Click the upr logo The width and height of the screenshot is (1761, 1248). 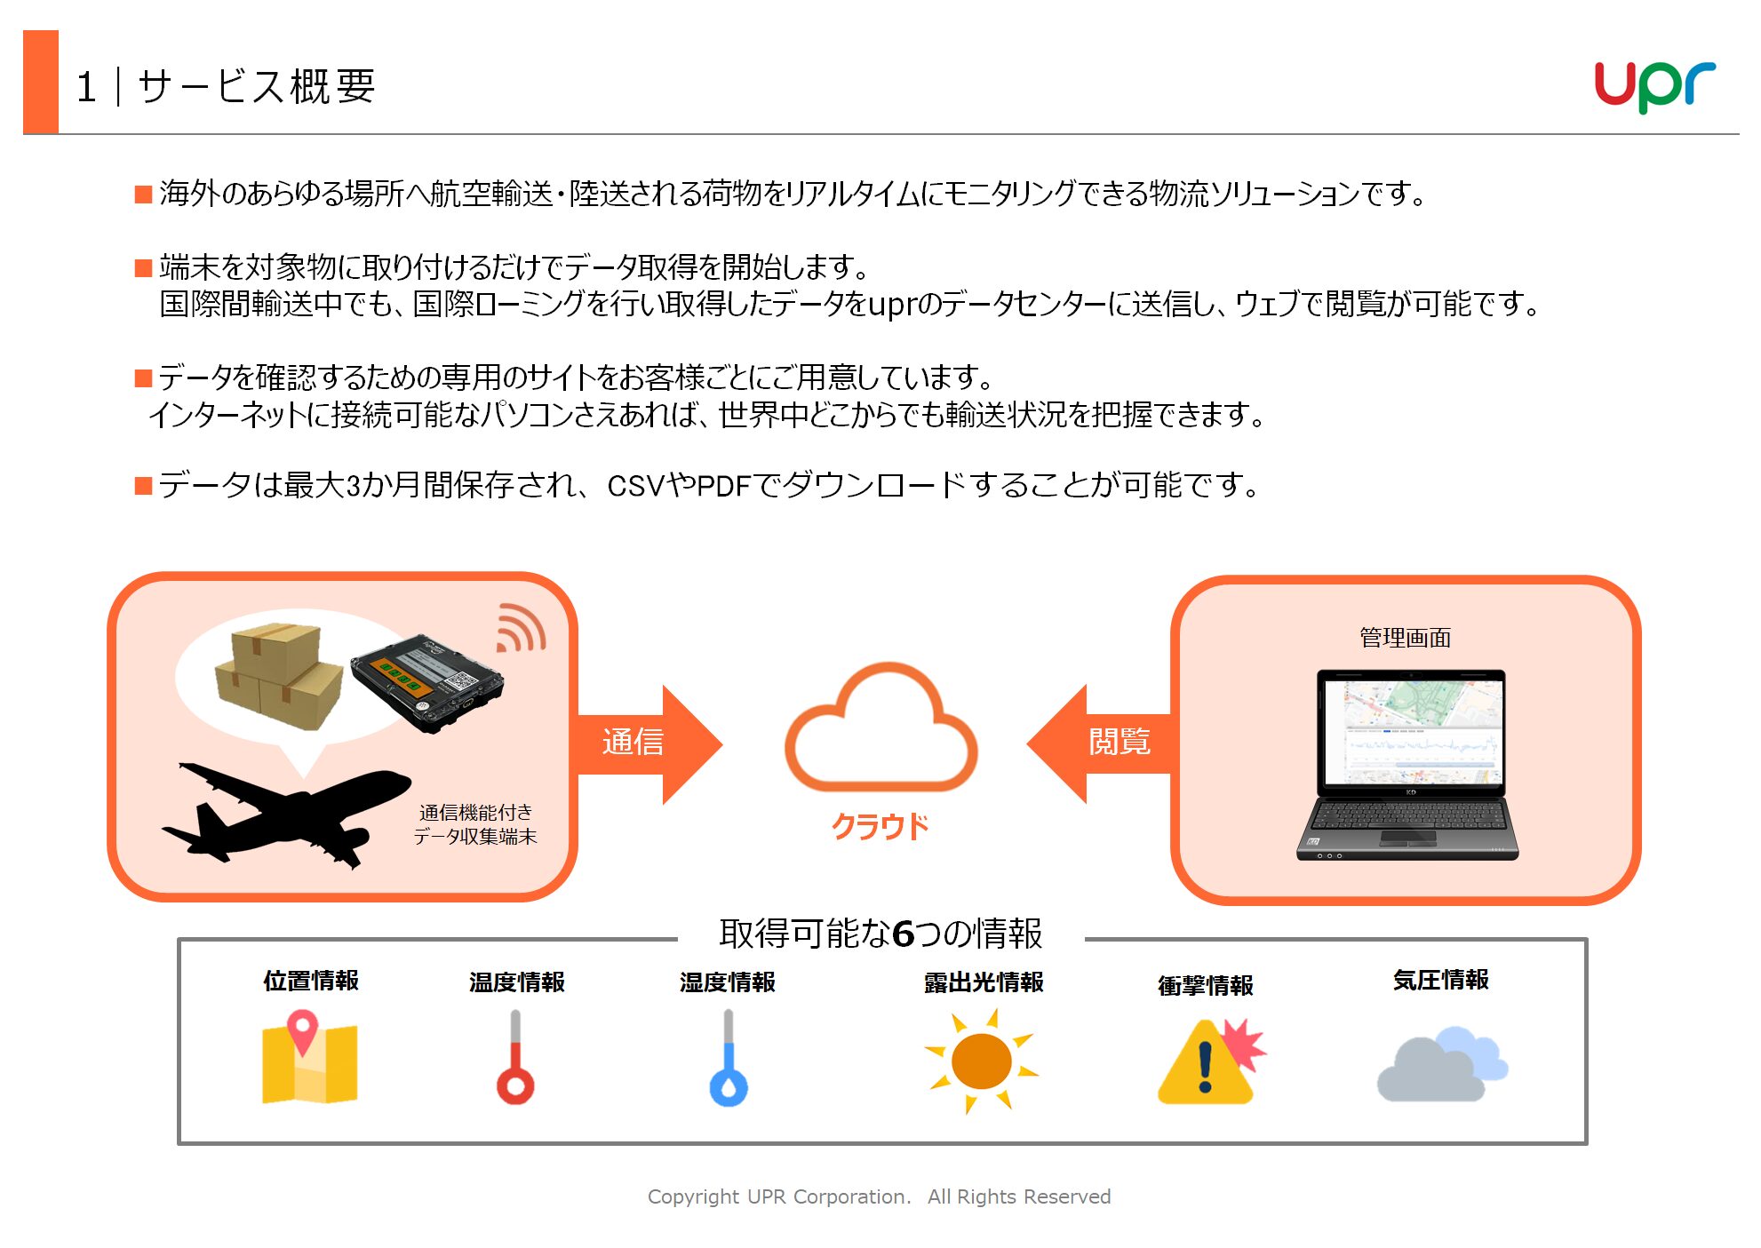click(1654, 86)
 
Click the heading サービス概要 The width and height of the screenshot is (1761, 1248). click(257, 86)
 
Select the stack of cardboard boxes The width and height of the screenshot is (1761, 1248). click(279, 676)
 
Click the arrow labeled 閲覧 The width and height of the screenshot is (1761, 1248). click(1100, 743)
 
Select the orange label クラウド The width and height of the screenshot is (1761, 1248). click(880, 826)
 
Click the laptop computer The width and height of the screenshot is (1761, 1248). click(1408, 764)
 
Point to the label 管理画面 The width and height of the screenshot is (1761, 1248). click(1405, 638)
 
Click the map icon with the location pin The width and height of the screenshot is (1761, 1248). click(309, 1058)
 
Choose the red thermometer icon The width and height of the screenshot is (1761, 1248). click(515, 1057)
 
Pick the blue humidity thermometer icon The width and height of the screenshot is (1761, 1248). click(729, 1057)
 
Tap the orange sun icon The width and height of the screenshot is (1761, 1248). click(981, 1061)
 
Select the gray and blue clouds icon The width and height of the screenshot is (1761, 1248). click(1442, 1064)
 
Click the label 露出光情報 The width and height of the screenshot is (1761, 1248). click(984, 982)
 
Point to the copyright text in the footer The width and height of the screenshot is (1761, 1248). click(880, 1196)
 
